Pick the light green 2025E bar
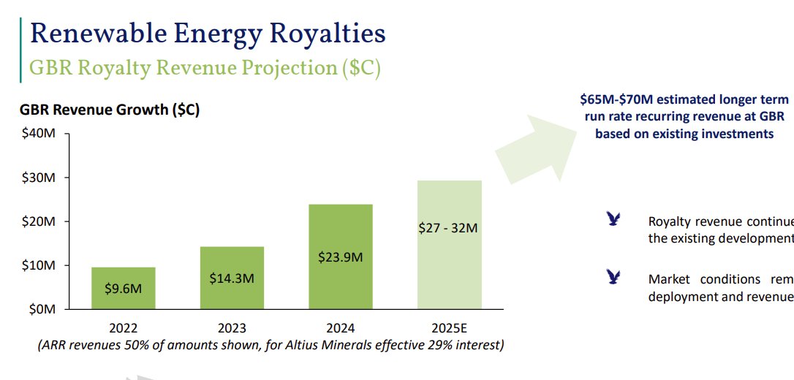[449, 245]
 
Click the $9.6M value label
[123, 289]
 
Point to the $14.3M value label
[232, 278]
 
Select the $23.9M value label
[340, 257]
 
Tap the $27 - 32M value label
[448, 228]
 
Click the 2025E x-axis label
[449, 328]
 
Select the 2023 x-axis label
[232, 328]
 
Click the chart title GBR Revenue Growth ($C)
[110, 110]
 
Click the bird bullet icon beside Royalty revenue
[613, 219]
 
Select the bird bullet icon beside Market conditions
[613, 277]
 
